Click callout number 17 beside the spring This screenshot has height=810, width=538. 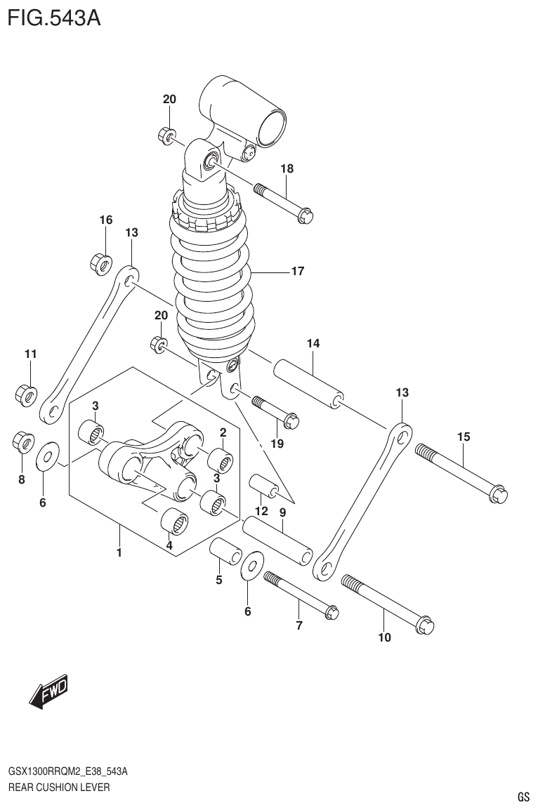coord(297,271)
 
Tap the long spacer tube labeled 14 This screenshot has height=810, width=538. coord(308,383)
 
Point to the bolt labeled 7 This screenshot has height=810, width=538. coord(301,596)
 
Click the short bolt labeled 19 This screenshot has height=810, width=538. coord(275,411)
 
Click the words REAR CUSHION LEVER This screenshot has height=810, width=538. coord(58,787)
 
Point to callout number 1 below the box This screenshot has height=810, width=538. coord(119,552)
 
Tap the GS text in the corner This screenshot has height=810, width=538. coord(523,797)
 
